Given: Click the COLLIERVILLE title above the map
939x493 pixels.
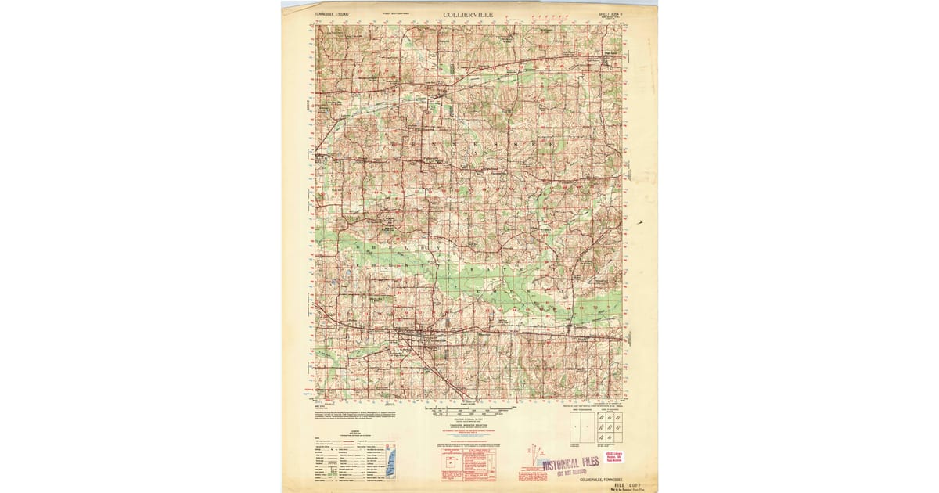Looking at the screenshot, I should coord(469,13).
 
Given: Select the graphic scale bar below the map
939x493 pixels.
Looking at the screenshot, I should coord(469,409).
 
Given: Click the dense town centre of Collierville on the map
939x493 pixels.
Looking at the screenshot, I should coord(427,338).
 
